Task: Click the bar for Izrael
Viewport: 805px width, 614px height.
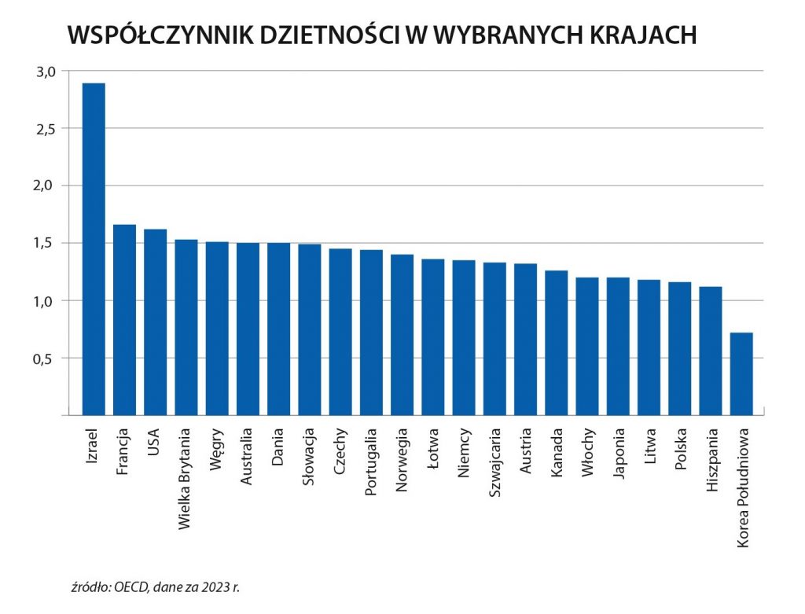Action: point(94,248)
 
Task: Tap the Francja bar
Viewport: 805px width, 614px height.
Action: point(124,319)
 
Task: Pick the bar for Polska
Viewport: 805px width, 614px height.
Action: point(680,348)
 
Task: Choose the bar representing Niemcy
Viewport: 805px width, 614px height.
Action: point(464,337)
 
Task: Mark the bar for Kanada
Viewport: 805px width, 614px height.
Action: point(557,343)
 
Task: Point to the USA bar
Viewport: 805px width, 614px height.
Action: point(156,322)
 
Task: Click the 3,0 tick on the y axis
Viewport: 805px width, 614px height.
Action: point(46,72)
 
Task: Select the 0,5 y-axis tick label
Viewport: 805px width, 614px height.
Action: point(46,358)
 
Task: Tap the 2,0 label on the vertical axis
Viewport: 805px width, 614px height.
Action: point(46,186)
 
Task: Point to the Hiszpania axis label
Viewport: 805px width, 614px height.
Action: point(711,460)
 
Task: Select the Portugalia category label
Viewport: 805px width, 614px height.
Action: point(371,462)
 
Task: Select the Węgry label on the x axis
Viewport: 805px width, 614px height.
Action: point(217,447)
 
